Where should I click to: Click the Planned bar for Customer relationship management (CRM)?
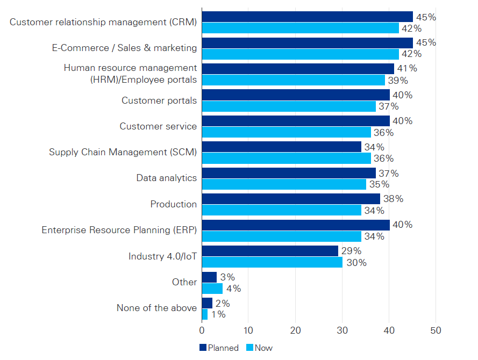coord(307,17)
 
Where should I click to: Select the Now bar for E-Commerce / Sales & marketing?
coord(300,54)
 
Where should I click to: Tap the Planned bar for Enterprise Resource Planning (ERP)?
coord(295,225)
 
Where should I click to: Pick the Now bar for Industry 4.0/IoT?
coord(272,262)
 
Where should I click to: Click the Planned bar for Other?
coord(209,277)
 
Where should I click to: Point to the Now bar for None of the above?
coord(204,314)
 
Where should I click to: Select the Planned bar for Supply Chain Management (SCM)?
coord(281,147)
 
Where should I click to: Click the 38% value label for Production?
coord(393,199)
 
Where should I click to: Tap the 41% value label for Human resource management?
coord(407,68)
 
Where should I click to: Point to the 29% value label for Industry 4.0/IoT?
coord(351,251)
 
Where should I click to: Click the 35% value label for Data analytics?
coord(379,184)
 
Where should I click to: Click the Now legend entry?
coord(259,348)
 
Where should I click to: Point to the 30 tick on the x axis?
coord(342,330)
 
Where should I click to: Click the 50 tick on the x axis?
coord(436,330)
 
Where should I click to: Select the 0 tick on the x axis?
coord(202,330)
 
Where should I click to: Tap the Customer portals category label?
coord(159,100)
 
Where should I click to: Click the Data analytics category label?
coord(166,178)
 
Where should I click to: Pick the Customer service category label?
coord(158,126)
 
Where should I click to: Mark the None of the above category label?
coord(156,308)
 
